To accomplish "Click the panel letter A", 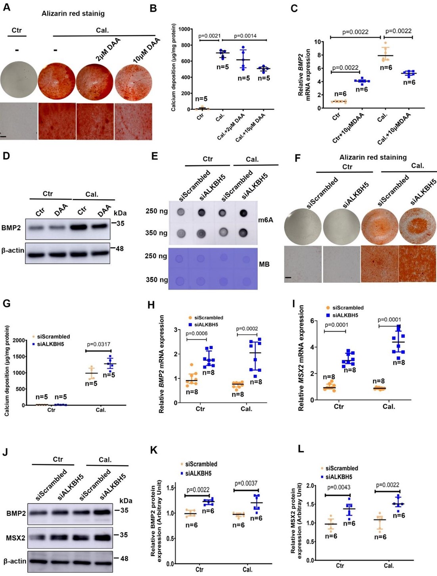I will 6,8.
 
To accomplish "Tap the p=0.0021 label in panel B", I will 209,36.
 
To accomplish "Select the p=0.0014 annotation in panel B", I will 245,36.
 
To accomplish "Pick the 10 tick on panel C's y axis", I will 317,42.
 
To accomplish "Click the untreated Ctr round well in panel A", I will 19,79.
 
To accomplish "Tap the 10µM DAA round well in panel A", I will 134,79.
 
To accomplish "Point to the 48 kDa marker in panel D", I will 119,249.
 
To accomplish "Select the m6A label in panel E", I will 266,219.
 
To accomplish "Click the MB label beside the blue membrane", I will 264,264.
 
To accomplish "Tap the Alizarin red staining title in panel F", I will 373,157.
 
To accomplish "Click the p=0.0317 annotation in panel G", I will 99,344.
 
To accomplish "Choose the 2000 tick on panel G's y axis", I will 19,340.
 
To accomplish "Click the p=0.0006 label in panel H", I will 197,333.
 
